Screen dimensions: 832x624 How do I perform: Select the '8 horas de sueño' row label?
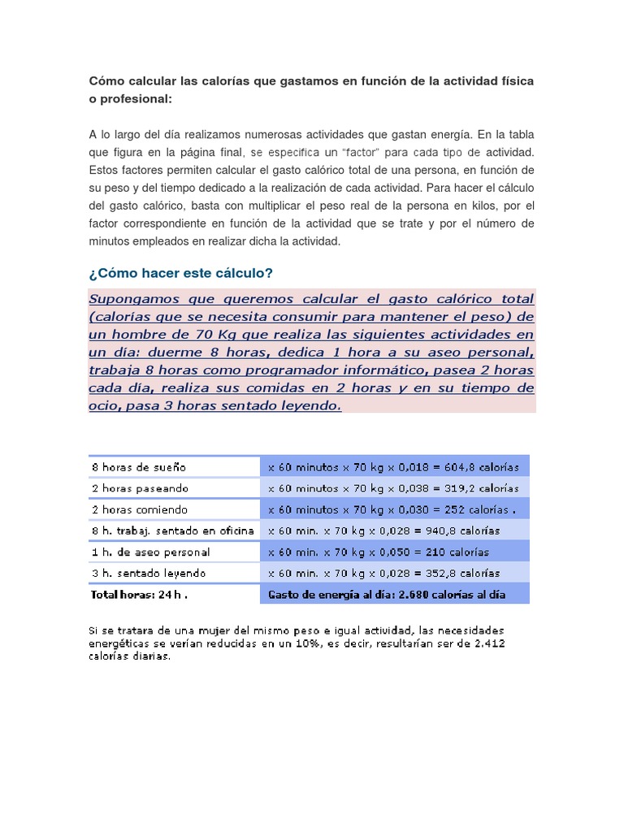click(139, 467)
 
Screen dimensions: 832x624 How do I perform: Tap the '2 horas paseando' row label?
click(140, 488)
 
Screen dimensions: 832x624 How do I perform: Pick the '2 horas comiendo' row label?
click(140, 509)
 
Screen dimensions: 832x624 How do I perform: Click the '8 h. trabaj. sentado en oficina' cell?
click(173, 531)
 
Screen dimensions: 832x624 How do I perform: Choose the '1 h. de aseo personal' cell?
click(151, 552)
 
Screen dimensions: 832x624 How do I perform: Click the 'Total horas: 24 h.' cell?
click(140, 594)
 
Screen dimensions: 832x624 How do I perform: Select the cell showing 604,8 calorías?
click(394, 467)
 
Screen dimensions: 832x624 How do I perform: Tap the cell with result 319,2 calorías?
click(394, 488)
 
